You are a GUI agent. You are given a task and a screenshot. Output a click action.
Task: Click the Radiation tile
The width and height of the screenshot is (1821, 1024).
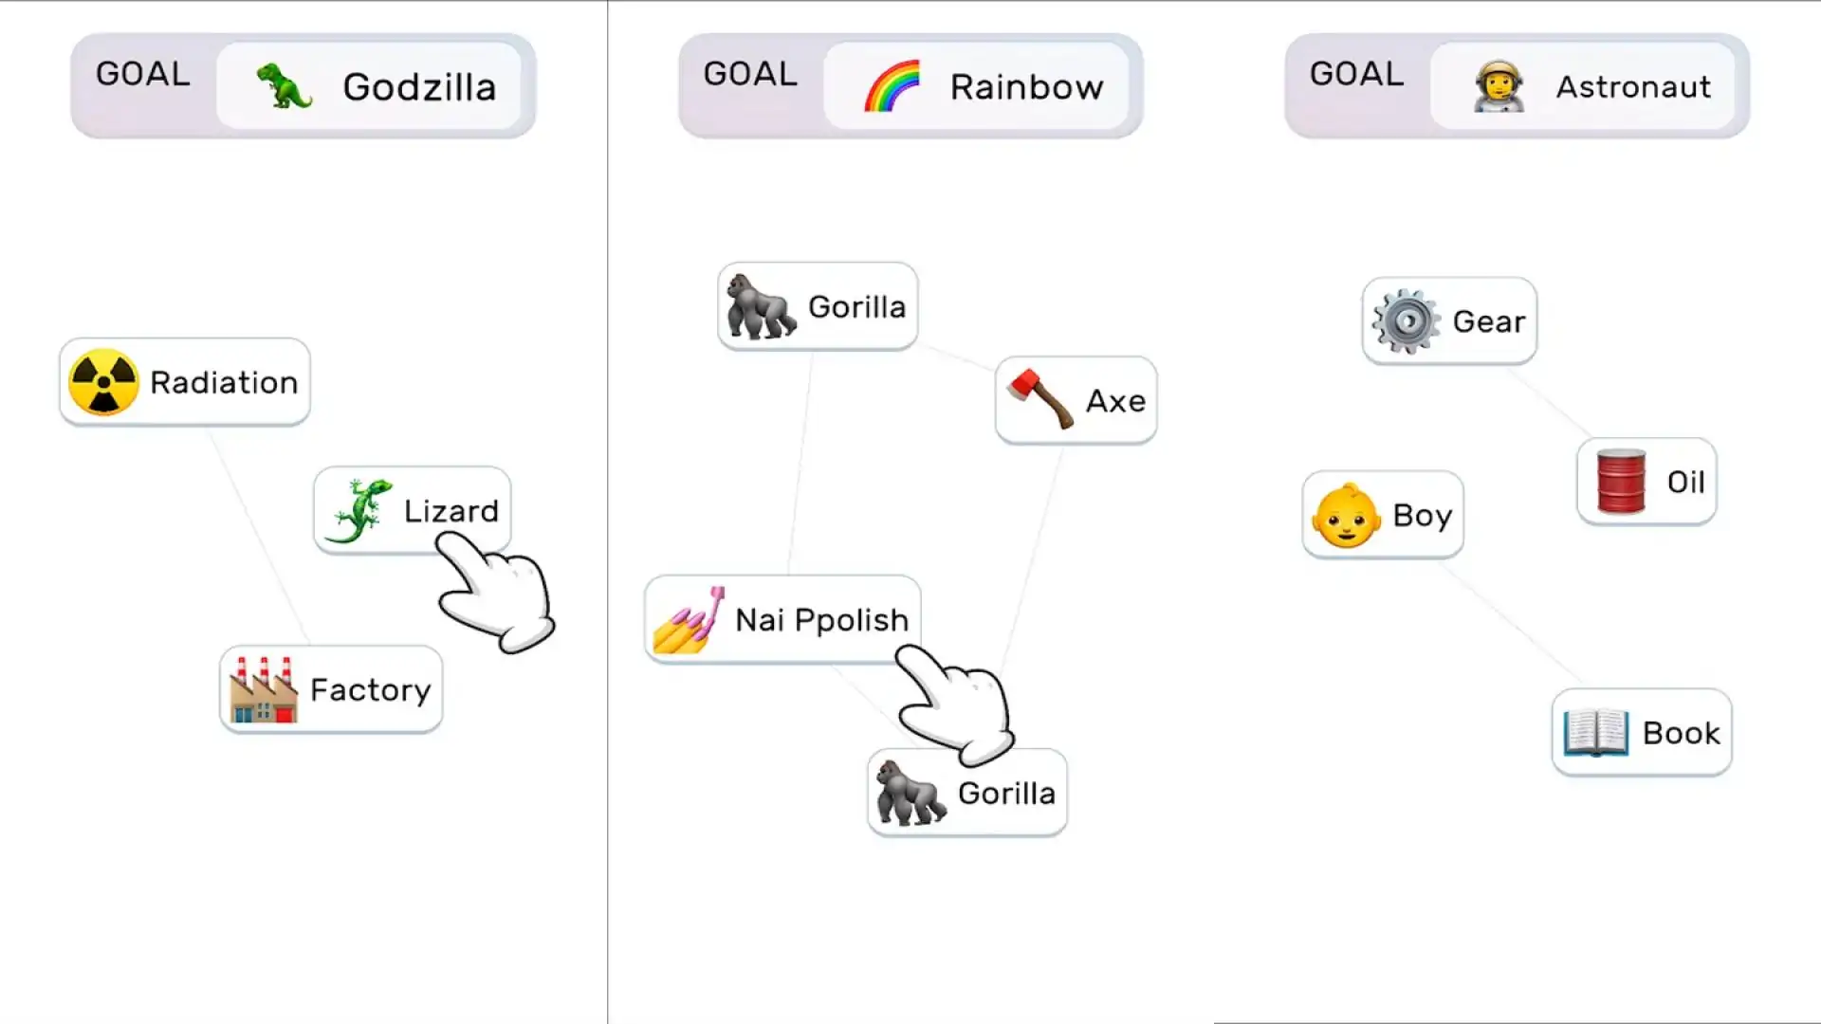point(185,382)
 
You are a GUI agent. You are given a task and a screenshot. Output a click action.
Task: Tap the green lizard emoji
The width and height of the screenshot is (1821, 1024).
point(359,511)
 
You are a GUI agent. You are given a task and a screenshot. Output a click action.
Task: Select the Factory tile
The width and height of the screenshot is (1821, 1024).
point(331,689)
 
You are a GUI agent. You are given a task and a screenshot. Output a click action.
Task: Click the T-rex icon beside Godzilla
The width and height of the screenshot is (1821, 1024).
point(285,85)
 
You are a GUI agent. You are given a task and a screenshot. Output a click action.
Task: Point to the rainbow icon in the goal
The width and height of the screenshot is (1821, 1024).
point(892,85)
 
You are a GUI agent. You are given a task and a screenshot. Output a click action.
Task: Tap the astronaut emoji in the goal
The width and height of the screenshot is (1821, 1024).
point(1499,86)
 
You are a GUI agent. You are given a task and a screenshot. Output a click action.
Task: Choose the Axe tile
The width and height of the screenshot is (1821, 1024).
point(1076,400)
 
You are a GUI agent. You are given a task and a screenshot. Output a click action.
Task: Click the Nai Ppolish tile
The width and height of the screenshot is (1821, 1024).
point(782,619)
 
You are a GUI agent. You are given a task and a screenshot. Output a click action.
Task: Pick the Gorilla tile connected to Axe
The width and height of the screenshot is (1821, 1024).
point(818,306)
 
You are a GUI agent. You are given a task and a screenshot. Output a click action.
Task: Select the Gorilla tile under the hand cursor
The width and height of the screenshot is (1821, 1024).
point(967,793)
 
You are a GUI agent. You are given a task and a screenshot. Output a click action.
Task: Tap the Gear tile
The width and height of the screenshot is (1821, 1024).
point(1449,320)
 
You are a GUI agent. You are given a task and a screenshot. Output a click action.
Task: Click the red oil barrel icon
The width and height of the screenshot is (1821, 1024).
point(1621,481)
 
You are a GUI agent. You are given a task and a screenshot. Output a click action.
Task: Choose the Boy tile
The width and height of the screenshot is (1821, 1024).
point(1383,515)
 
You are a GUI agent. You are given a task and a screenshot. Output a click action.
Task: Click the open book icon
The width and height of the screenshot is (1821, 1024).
point(1596,732)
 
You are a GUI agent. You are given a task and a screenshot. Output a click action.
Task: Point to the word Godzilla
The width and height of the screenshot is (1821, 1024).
point(419,87)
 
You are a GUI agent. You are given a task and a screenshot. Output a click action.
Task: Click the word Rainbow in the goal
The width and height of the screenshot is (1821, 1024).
point(1027,87)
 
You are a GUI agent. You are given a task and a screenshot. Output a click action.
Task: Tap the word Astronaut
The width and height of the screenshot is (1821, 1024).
point(1633,87)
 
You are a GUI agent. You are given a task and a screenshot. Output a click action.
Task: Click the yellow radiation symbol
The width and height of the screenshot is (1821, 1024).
point(103,382)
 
